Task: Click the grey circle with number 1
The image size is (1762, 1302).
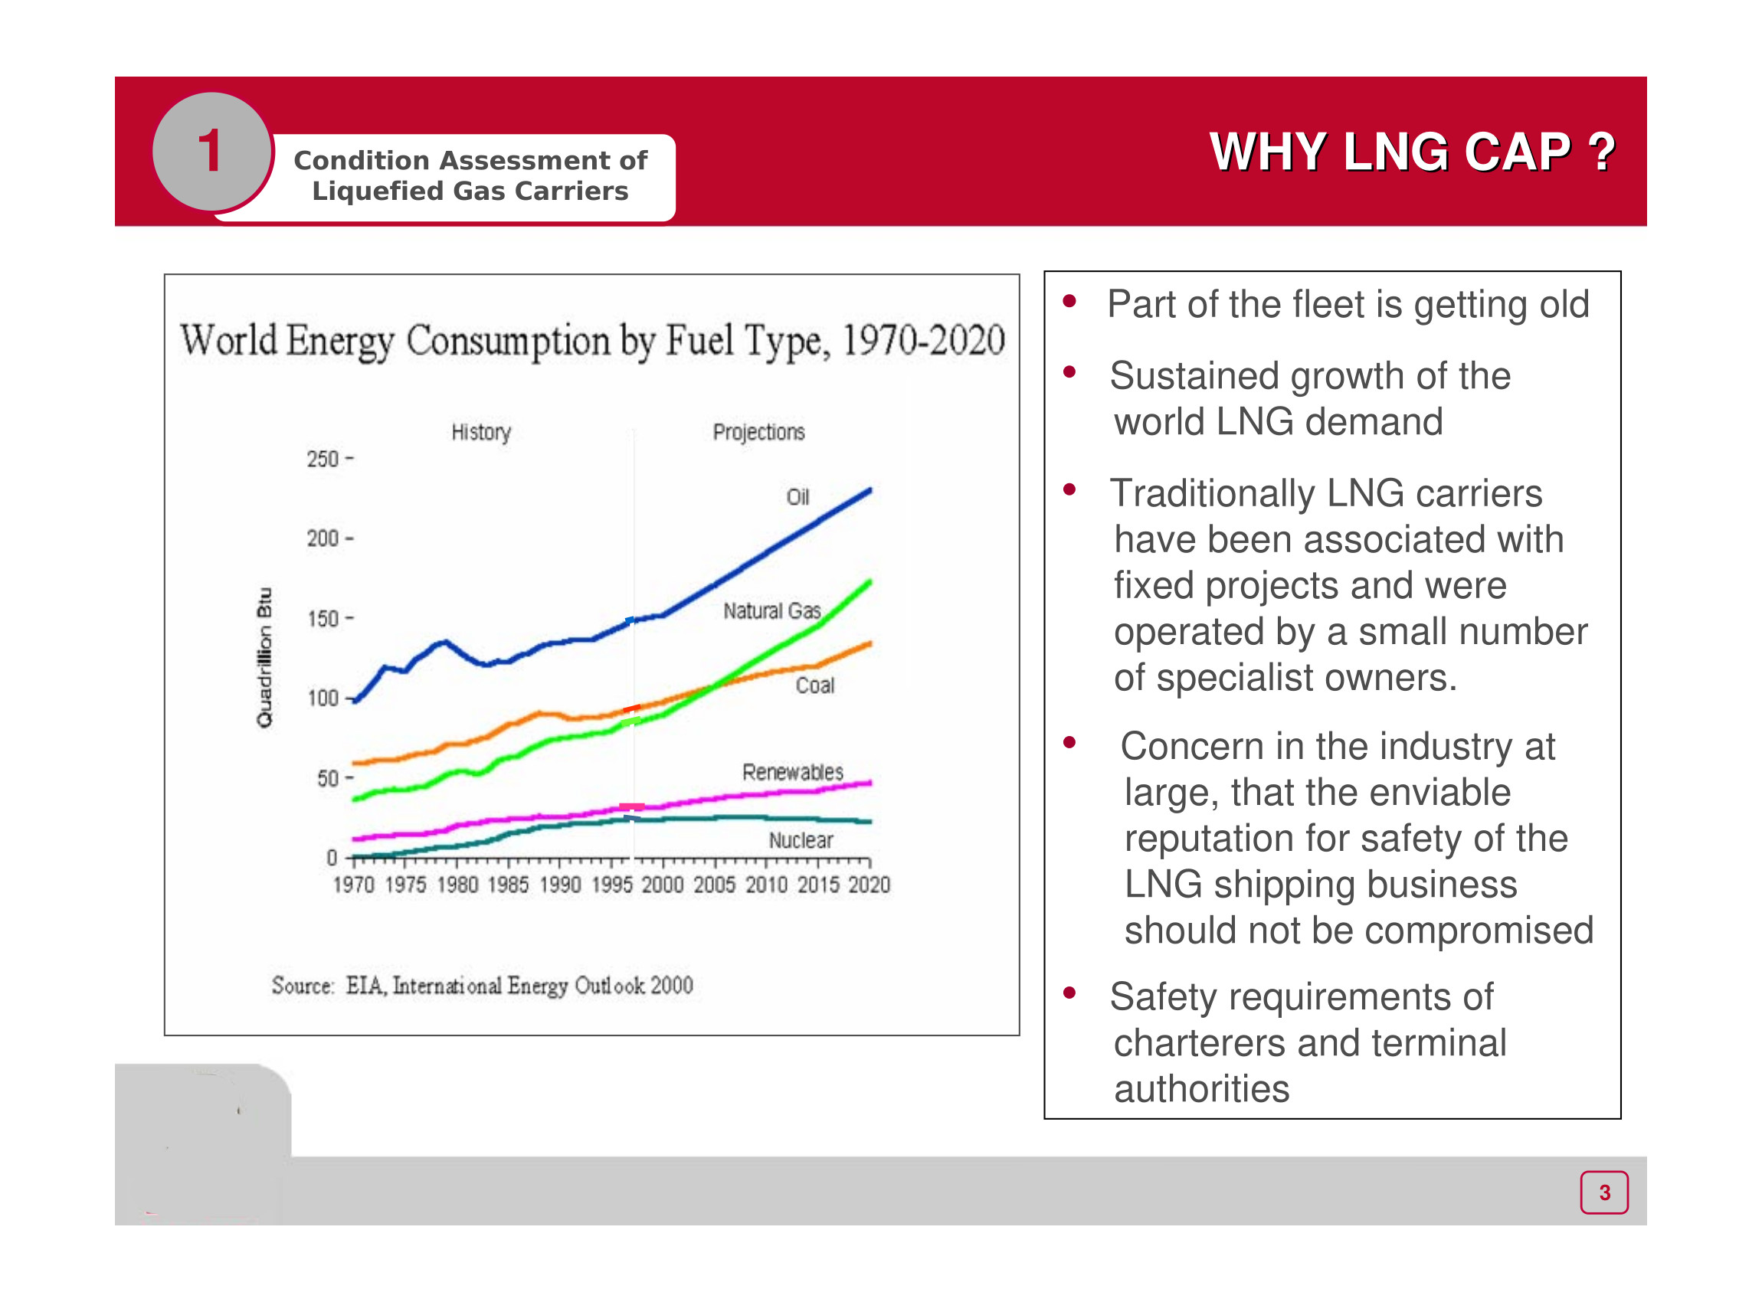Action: pos(211,152)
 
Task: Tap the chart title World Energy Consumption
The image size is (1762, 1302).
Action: pos(592,341)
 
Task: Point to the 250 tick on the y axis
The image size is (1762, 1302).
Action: pos(323,459)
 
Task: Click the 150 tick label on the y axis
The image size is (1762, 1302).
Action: pos(323,619)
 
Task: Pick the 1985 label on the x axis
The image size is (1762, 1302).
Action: pos(508,885)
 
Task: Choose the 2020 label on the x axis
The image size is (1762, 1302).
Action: pos(869,885)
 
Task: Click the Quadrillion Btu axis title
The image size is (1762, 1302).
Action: pos(265,657)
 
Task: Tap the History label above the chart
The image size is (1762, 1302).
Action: pos(481,432)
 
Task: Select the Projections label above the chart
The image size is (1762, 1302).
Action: pos(758,432)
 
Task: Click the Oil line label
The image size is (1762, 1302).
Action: pos(797,497)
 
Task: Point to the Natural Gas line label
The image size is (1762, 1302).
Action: pos(771,611)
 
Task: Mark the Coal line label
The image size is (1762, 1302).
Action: pos(814,685)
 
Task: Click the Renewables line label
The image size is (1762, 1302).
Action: pos(792,772)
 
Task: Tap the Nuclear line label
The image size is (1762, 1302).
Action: pos(801,840)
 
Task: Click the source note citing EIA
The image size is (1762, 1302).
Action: pos(482,985)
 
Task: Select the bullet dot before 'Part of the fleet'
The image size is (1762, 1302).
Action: pos(1069,301)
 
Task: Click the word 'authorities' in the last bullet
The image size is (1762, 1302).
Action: pos(1201,1089)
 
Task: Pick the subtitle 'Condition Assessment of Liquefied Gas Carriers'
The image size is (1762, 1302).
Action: pos(470,175)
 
